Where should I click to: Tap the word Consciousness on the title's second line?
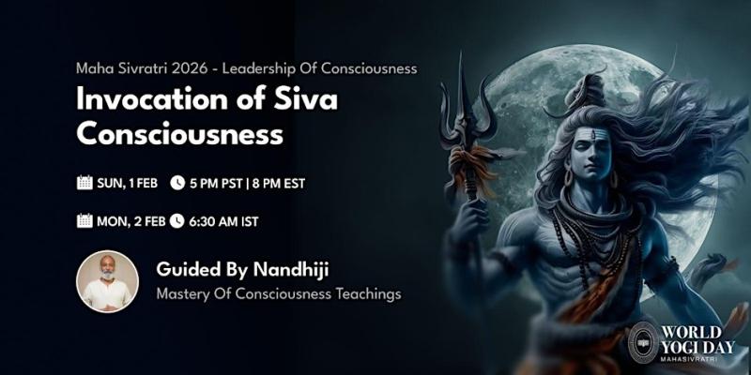179,133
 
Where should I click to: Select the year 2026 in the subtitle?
190,68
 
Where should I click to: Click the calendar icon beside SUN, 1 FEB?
84,183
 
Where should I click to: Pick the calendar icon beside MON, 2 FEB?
84,221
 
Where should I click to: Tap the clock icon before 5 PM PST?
176,183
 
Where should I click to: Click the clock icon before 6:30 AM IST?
176,221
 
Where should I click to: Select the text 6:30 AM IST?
224,221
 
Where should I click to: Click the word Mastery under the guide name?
184,294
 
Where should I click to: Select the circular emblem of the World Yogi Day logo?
644,342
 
